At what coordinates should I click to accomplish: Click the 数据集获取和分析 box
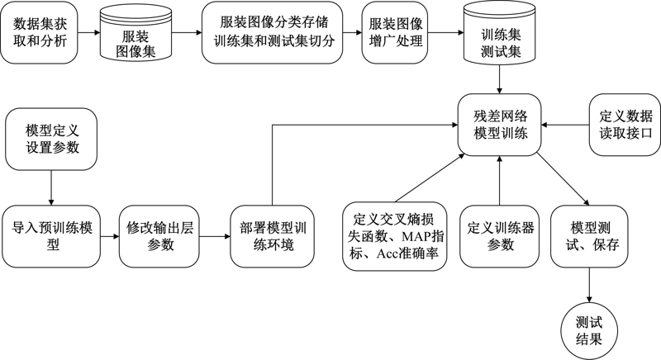40,34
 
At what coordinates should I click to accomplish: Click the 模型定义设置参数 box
52,136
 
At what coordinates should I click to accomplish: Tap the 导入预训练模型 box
52,234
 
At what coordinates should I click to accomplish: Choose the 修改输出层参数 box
157,234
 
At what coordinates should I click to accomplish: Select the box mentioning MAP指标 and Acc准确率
394,234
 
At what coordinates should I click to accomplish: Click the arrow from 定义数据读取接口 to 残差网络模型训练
565,125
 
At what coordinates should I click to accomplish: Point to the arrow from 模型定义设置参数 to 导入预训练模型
52,185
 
